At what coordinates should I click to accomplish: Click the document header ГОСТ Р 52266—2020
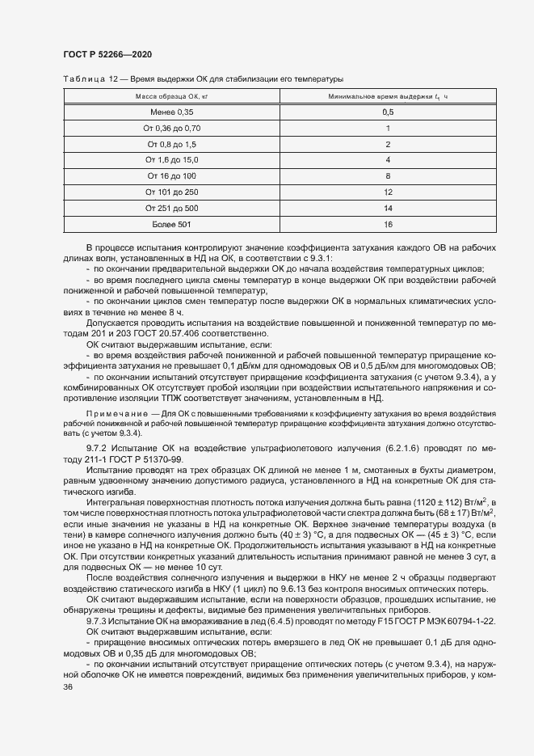coord(107,54)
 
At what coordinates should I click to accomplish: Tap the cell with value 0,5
coord(388,112)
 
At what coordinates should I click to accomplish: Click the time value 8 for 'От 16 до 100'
coord(388,175)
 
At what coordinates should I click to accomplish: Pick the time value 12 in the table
coord(388,192)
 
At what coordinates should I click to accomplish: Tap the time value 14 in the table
coord(388,207)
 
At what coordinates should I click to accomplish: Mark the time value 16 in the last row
coord(388,223)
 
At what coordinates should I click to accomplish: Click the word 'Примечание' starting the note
coord(114,414)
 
